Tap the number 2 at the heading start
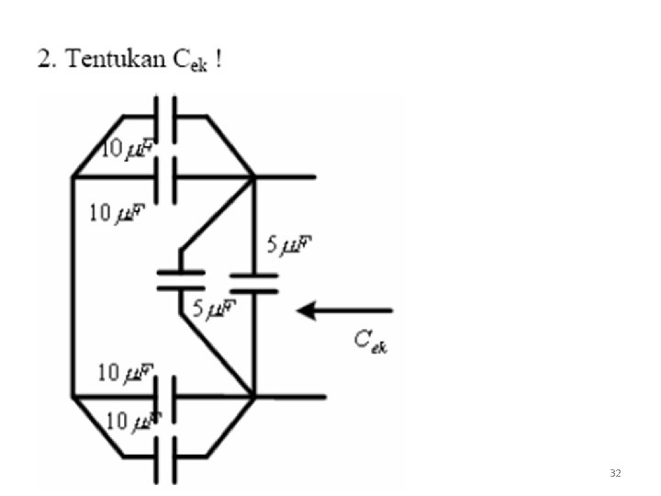point(43,61)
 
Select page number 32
point(614,473)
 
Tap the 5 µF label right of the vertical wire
point(290,246)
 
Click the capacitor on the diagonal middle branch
point(180,279)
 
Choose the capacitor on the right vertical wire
point(253,282)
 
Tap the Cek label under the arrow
point(371,342)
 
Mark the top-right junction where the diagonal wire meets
point(253,176)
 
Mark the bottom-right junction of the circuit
point(253,397)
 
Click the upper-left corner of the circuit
point(73,176)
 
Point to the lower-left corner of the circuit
point(73,397)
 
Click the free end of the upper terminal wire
point(315,176)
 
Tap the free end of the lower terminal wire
point(324,397)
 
